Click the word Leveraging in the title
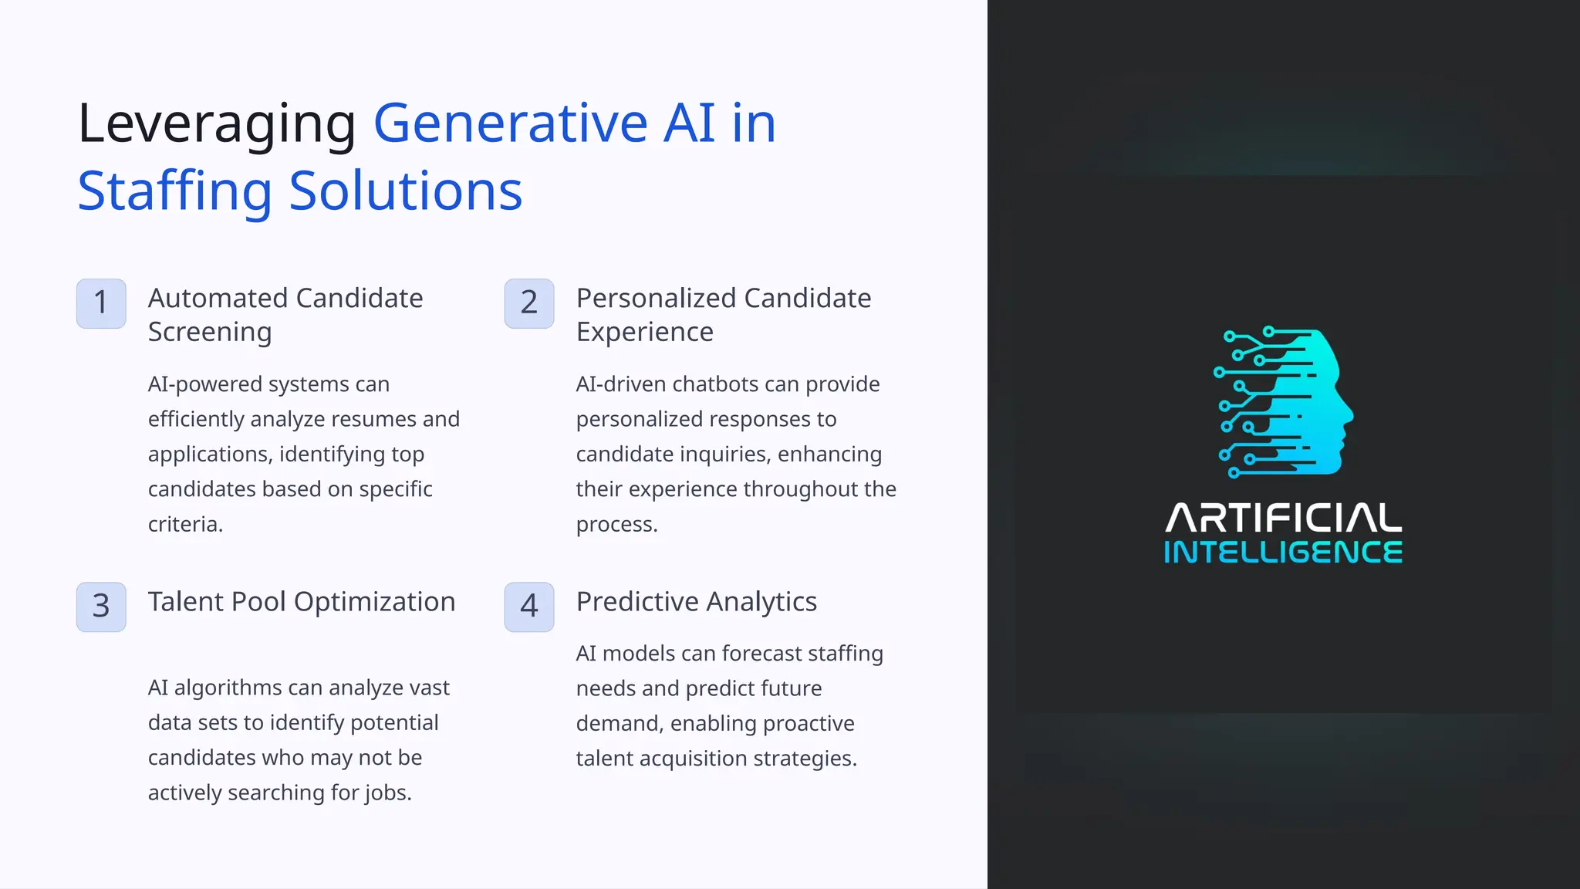[x=217, y=123]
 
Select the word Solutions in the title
[x=406, y=191]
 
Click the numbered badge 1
[x=101, y=303]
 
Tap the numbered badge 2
[x=529, y=303]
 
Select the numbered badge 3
[x=101, y=607]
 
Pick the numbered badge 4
[x=529, y=607]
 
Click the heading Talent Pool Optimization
[x=302, y=602]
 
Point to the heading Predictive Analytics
[x=696, y=602]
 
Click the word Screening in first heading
[x=210, y=332]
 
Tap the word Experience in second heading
[x=644, y=332]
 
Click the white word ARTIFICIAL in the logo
[x=1283, y=519]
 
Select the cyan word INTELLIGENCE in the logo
[x=1283, y=553]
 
